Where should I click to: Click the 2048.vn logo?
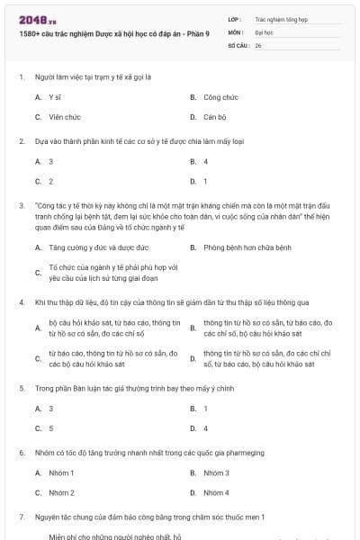click(x=37, y=18)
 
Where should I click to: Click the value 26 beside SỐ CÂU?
click(x=258, y=44)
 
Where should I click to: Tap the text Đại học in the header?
click(x=263, y=31)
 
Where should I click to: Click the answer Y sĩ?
click(x=55, y=96)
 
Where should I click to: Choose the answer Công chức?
click(x=220, y=96)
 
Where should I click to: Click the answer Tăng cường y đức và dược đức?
click(x=98, y=247)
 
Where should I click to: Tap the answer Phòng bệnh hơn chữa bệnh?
click(x=247, y=247)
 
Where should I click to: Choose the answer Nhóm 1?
click(x=61, y=472)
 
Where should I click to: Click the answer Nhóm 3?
click(x=216, y=472)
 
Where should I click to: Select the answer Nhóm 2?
click(x=61, y=492)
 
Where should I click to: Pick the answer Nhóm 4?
click(x=216, y=492)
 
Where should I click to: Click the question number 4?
click(x=21, y=302)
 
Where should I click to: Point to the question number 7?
click(x=21, y=517)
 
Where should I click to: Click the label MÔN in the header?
click(x=236, y=31)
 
